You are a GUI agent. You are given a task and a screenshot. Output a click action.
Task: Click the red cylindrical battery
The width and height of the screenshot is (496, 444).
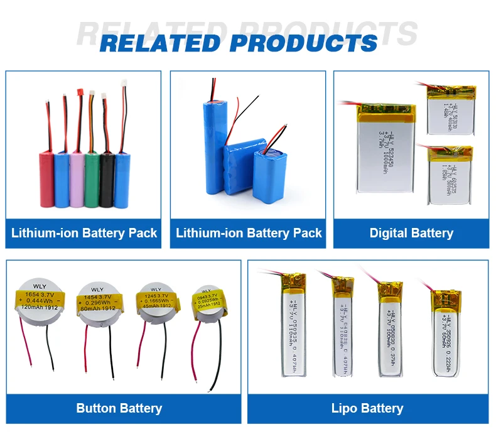click(46, 179)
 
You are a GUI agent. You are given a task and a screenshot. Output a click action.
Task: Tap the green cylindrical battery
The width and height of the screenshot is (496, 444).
click(92, 179)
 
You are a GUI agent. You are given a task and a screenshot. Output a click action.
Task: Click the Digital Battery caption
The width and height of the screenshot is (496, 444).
click(411, 233)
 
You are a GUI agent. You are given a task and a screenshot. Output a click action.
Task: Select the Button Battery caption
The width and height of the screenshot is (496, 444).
click(119, 408)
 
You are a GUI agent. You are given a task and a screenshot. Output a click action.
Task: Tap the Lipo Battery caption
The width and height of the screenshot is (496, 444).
click(367, 408)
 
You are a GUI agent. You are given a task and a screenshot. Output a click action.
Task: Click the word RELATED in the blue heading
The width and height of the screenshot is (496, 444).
click(159, 43)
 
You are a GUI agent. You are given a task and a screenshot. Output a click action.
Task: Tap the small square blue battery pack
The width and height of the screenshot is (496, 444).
click(271, 175)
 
